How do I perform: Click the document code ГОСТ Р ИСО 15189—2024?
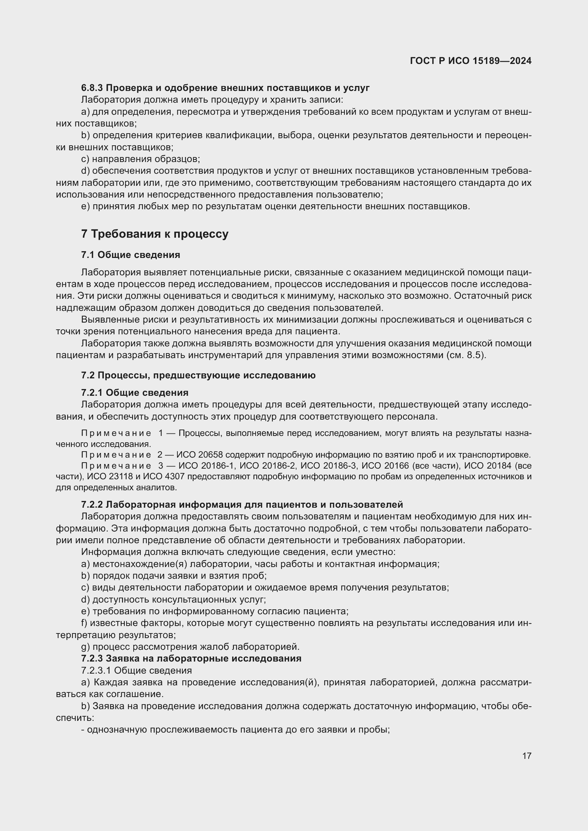(470, 61)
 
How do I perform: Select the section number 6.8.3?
(92, 88)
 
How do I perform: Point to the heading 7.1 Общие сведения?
(130, 255)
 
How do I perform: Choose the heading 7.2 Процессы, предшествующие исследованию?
(198, 375)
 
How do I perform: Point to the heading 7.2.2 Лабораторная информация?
(241, 504)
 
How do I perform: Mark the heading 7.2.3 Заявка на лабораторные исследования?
(191, 658)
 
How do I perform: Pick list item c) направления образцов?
(140, 159)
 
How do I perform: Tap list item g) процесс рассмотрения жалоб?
(191, 646)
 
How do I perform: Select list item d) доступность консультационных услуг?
(173, 599)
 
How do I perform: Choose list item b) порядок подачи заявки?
(174, 576)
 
